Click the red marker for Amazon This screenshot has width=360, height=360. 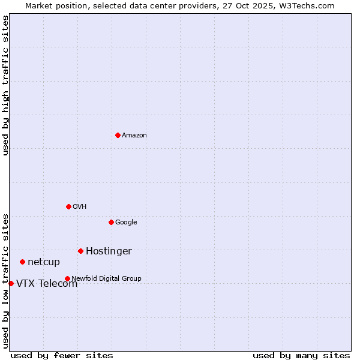pyautogui.click(x=118, y=135)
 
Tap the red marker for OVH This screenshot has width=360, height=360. pyautogui.click(x=68, y=206)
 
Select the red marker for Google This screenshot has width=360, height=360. pyautogui.click(x=111, y=222)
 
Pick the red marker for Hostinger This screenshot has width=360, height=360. pyautogui.click(x=80, y=251)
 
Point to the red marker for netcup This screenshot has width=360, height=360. pyautogui.click(x=22, y=262)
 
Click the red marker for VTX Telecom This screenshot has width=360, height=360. pyautogui.click(x=11, y=283)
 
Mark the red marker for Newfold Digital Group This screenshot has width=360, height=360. pyautogui.click(x=67, y=278)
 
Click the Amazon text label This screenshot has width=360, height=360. pyautogui.click(x=134, y=136)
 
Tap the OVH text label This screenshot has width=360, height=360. pyautogui.click(x=79, y=207)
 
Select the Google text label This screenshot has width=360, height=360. pyautogui.click(x=126, y=223)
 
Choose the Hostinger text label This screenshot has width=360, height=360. pyautogui.click(x=109, y=251)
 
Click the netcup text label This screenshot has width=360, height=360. pyautogui.click(x=44, y=262)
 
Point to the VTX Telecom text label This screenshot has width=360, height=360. pyautogui.click(x=47, y=284)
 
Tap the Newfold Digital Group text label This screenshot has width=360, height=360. pyautogui.click(x=106, y=279)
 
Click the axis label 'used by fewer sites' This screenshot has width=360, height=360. pyautogui.click(x=62, y=355)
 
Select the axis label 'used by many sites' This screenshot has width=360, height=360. pyautogui.click(x=301, y=355)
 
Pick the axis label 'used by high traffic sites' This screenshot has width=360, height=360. pyautogui.click(x=6, y=85)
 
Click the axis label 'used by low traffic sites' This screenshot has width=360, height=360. pyautogui.click(x=6, y=280)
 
